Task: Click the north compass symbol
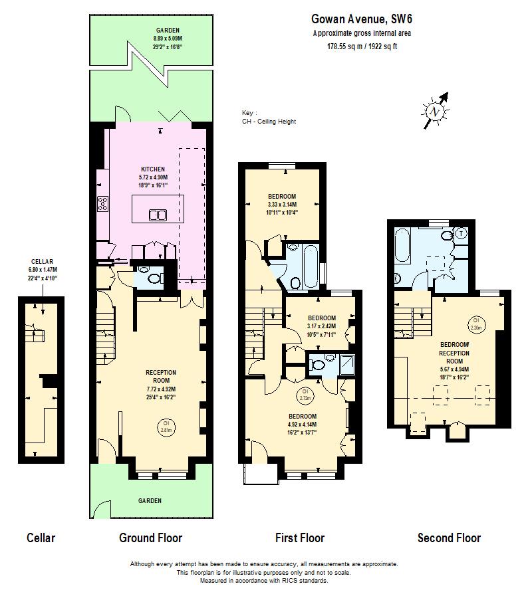pos(436,111)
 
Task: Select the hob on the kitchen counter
pos(103,204)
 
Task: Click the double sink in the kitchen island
pos(158,215)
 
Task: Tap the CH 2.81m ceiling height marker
pos(166,426)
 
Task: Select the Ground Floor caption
pos(150,538)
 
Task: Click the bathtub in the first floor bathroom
pos(311,266)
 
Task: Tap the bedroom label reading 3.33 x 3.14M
pos(282,204)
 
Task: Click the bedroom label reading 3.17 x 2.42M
pos(321,326)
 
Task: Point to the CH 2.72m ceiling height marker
pos(305,394)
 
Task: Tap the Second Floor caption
pos(449,538)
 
